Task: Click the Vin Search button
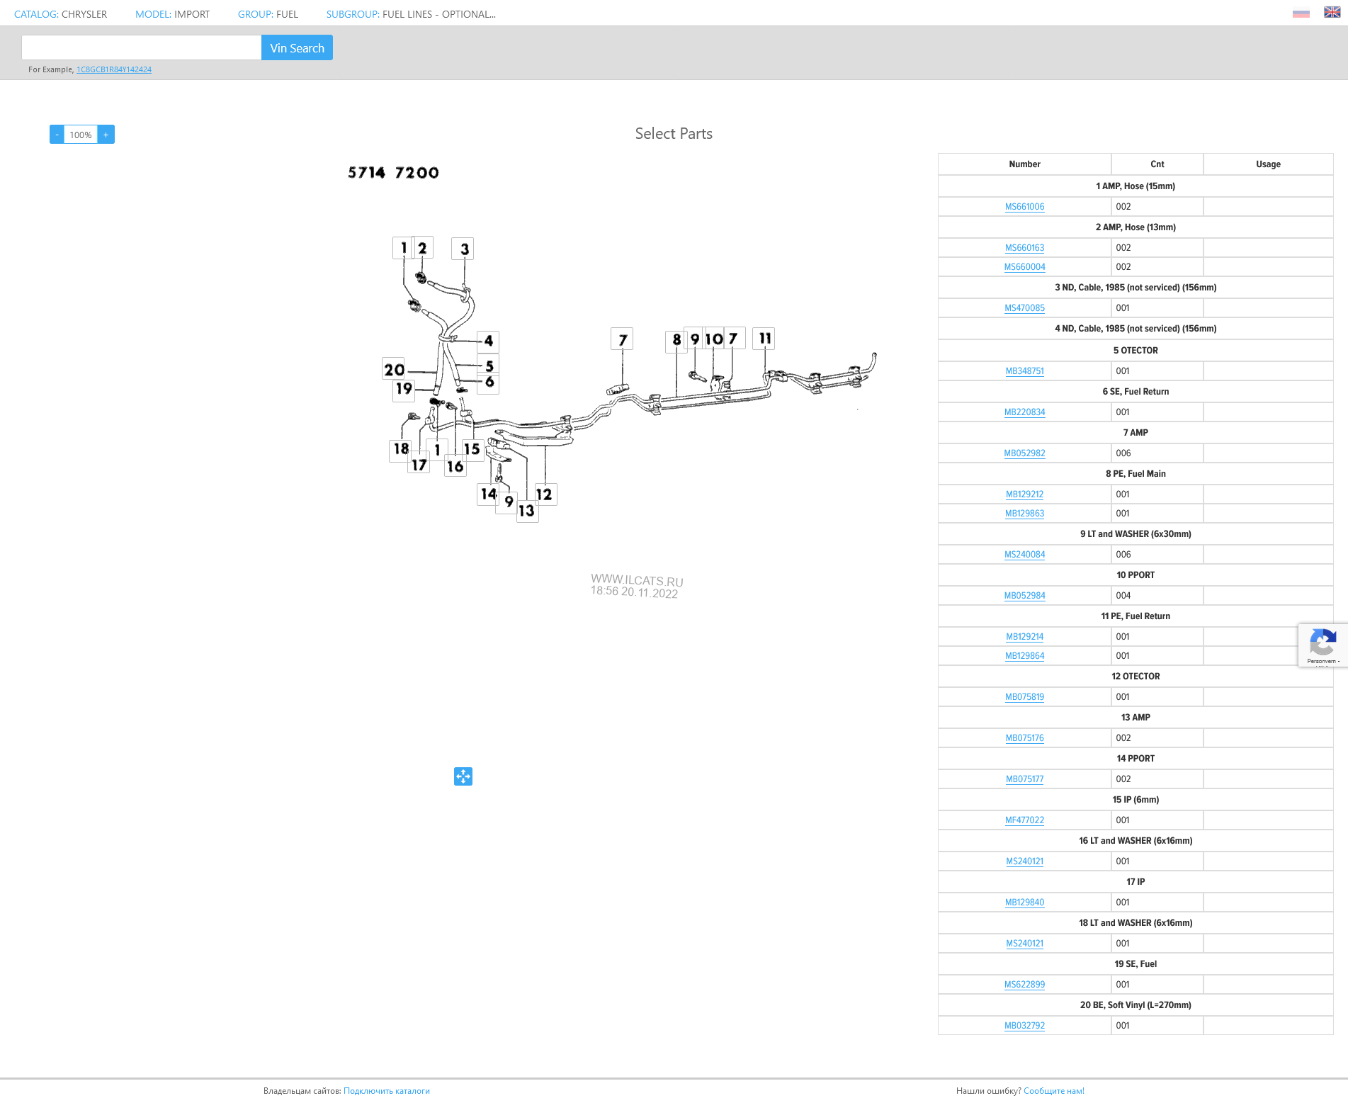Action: tap(297, 48)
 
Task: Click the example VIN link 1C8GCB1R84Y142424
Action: tap(114, 69)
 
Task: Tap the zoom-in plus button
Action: tap(106, 135)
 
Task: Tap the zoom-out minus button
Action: tap(57, 135)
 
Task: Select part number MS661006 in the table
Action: tap(1024, 207)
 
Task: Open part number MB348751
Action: tap(1024, 371)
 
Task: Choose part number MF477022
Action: tap(1024, 820)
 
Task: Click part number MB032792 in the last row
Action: tap(1024, 1026)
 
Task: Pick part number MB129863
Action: tap(1024, 514)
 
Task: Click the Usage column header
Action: tap(1268, 164)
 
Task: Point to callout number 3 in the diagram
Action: tap(464, 249)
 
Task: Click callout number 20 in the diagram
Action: tap(394, 369)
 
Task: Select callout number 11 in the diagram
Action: tap(764, 339)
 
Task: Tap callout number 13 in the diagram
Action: tap(526, 511)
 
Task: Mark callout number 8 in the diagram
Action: tap(676, 340)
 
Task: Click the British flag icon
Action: tap(1332, 12)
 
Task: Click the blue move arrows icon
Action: tap(463, 776)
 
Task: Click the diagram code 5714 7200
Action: tap(393, 173)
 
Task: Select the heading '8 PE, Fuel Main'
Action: tap(1135, 474)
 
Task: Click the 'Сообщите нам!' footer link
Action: tap(1053, 1091)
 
